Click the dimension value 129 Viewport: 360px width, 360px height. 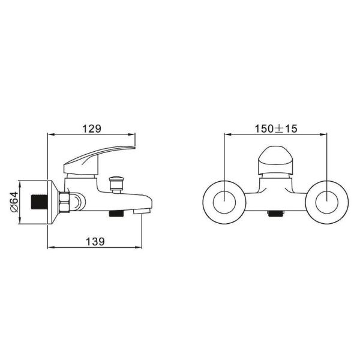[92, 128]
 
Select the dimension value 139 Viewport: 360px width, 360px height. [95, 241]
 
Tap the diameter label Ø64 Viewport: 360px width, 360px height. [14, 202]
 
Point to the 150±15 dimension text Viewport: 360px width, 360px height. [276, 128]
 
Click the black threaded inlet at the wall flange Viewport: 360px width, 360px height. [39, 202]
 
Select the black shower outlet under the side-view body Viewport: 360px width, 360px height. [116, 214]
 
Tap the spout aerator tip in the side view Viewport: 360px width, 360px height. [142, 211]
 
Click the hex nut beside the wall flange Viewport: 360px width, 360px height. [65, 202]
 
